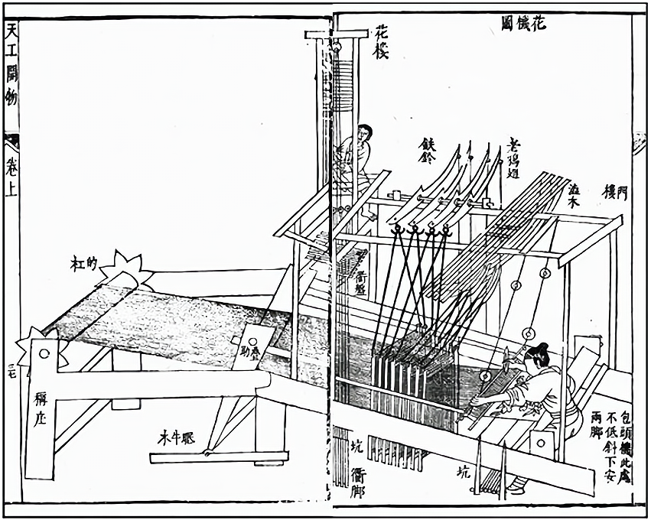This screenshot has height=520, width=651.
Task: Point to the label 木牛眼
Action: [177, 437]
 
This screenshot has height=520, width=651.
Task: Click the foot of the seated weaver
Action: [516, 483]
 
